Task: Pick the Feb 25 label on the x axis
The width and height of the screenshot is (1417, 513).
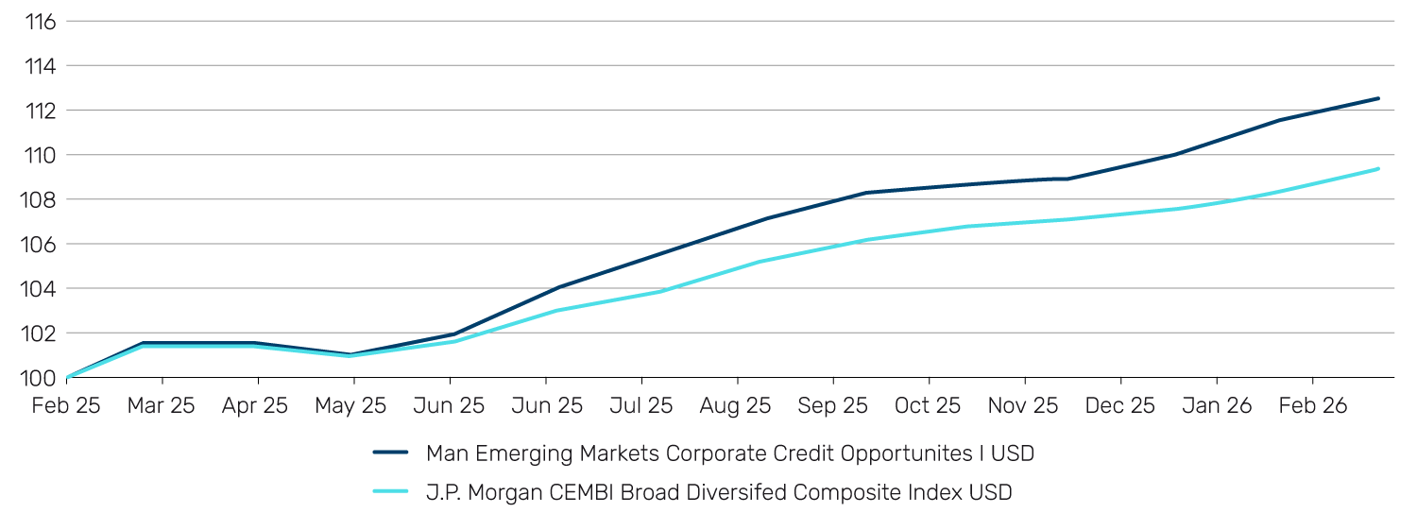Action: pyautogui.click(x=65, y=406)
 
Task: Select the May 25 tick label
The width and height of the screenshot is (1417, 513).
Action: pyautogui.click(x=353, y=406)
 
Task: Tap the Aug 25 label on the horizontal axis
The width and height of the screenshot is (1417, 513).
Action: pyautogui.click(x=736, y=406)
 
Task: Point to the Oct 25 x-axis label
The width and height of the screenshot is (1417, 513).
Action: pyautogui.click(x=928, y=406)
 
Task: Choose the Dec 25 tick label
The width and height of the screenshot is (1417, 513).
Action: pyautogui.click(x=1119, y=406)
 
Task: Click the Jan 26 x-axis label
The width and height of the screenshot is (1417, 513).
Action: pyautogui.click(x=1216, y=406)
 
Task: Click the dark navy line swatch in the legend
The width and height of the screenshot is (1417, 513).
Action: pyautogui.click(x=390, y=453)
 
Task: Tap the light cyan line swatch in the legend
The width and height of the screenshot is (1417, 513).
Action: pyautogui.click(x=390, y=492)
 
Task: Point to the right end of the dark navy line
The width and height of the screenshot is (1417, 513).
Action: pyautogui.click(x=1378, y=98)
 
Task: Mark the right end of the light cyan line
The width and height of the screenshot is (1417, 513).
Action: pyautogui.click(x=1378, y=169)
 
